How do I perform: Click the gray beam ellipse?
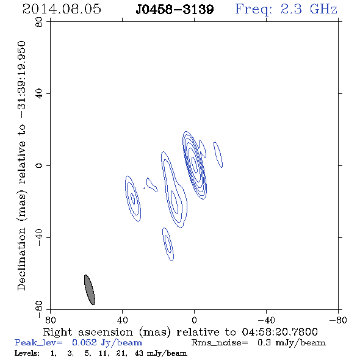click(90, 290)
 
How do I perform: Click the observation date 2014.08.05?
click(62, 9)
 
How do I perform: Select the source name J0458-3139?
click(175, 9)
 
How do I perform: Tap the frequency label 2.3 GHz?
click(309, 9)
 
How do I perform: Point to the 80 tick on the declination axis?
click(39, 22)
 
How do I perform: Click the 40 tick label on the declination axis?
click(39, 93)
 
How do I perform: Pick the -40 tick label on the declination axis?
click(39, 237)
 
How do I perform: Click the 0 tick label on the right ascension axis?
click(194, 320)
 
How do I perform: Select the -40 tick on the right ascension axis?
click(266, 320)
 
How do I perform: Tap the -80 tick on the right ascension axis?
click(338, 320)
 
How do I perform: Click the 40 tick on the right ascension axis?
click(122, 320)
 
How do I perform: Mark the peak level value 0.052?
click(84, 342)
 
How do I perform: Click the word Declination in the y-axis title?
click(21, 259)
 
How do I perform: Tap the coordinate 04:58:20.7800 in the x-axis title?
click(279, 332)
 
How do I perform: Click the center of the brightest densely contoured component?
click(195, 165)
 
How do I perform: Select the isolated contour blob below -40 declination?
click(168, 244)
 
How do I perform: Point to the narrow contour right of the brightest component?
click(218, 154)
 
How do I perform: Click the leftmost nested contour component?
click(133, 198)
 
